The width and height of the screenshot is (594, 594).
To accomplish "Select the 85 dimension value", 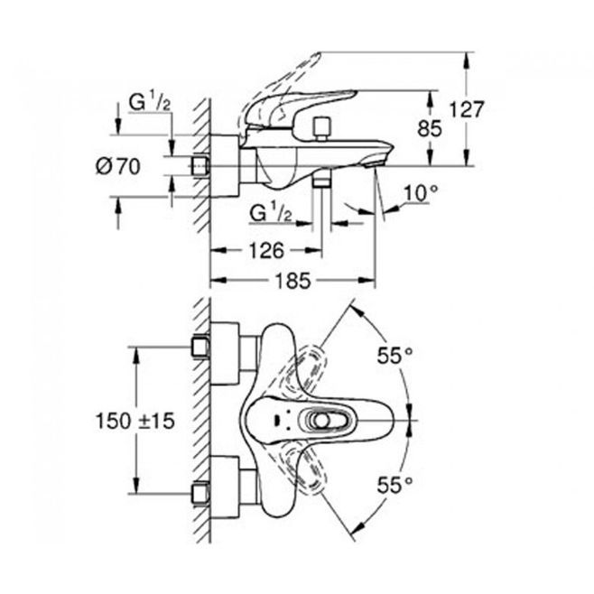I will [430, 128].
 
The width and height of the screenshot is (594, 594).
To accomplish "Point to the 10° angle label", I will [421, 193].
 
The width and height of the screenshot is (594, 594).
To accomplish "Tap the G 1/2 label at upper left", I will [150, 102].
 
